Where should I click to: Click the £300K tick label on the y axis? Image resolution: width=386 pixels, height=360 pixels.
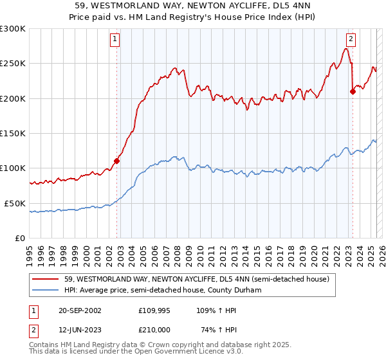pos(13,29)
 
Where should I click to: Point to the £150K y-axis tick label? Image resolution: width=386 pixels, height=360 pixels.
pos(13,133)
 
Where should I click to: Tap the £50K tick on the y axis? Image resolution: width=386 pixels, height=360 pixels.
pos(15,203)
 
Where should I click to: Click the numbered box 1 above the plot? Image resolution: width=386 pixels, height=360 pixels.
pos(115,39)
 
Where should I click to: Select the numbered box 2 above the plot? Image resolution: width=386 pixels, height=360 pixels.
pos(351,39)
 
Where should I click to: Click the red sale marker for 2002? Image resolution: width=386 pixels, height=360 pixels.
pos(116,161)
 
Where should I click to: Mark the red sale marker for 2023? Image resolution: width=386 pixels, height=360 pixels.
pos(353,91)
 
